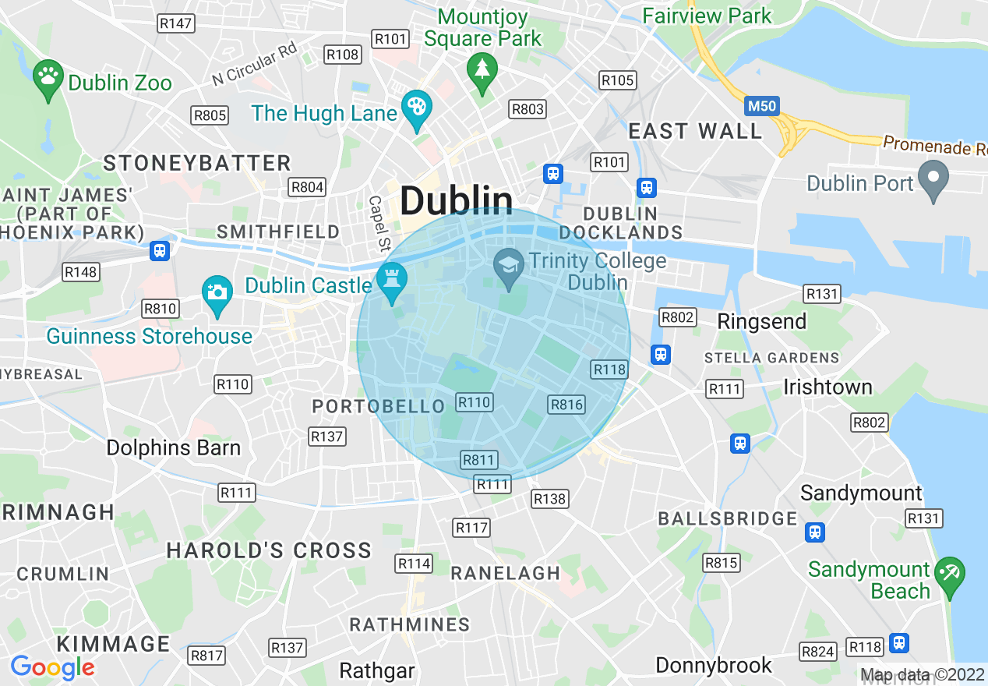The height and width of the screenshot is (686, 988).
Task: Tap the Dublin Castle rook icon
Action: pyautogui.click(x=391, y=281)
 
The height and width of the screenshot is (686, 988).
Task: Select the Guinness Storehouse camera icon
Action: pyautogui.click(x=217, y=293)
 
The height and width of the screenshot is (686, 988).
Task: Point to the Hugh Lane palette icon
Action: pyautogui.click(x=416, y=108)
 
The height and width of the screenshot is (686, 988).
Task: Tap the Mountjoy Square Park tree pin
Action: pyautogui.click(x=482, y=70)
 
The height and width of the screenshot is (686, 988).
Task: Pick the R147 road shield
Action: pyautogui.click(x=175, y=23)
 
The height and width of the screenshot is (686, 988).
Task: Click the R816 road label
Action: pyautogui.click(x=566, y=404)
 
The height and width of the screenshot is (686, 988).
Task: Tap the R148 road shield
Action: pyautogui.click(x=81, y=272)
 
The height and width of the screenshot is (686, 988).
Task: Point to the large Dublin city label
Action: pyautogui.click(x=457, y=201)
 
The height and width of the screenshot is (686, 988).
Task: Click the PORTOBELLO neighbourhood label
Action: pyautogui.click(x=378, y=407)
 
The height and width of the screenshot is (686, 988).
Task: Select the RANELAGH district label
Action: pyautogui.click(x=506, y=573)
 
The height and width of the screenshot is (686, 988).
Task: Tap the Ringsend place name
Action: pyautogui.click(x=761, y=321)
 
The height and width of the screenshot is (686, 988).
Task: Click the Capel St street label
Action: pyautogui.click(x=379, y=224)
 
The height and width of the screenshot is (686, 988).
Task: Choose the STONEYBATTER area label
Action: pyautogui.click(x=197, y=163)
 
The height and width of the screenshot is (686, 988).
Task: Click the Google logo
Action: pyautogui.click(x=52, y=668)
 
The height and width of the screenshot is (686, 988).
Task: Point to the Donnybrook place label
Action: pyautogui.click(x=714, y=665)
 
